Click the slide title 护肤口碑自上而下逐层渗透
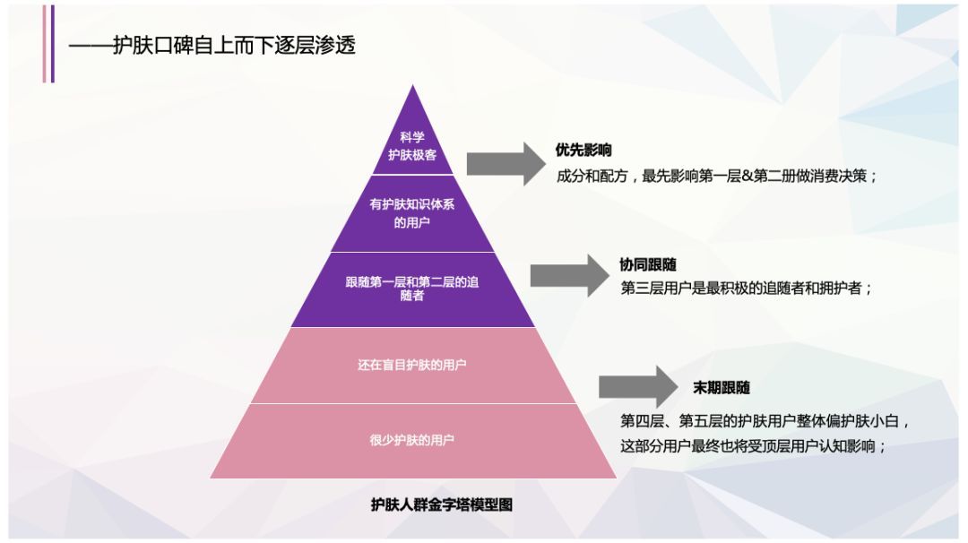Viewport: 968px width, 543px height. pyautogui.click(x=233, y=45)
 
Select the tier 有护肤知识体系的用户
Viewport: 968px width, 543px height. pyautogui.click(x=412, y=213)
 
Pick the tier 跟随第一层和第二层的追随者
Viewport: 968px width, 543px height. pyautogui.click(x=412, y=289)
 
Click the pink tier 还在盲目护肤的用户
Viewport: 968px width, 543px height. pyautogui.click(x=412, y=365)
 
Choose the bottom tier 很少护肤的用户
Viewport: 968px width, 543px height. pyautogui.click(x=412, y=440)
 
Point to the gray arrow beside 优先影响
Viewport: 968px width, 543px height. pyautogui.click(x=505, y=163)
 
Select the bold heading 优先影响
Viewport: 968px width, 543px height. pyautogui.click(x=583, y=151)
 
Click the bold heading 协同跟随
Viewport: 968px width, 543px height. pyautogui.click(x=648, y=264)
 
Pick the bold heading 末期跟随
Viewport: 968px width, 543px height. pyautogui.click(x=722, y=388)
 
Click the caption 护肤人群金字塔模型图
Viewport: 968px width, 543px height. pyautogui.click(x=442, y=504)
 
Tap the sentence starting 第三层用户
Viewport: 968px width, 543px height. pyautogui.click(x=746, y=289)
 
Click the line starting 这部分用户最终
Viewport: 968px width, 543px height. pyautogui.click(x=753, y=445)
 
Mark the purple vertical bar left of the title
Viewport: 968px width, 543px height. pyautogui.click(x=52, y=44)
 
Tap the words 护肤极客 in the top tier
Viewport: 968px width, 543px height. pyautogui.click(x=412, y=155)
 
